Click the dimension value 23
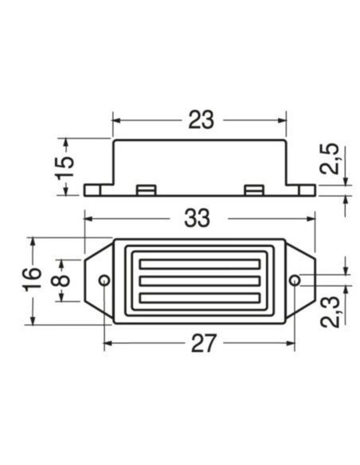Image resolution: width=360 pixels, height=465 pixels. click(202, 119)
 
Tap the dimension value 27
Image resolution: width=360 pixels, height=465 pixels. click(203, 343)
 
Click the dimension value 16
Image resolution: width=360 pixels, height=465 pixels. click(31, 279)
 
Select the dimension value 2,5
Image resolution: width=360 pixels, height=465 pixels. click(331, 158)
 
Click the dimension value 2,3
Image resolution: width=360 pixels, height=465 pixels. click(331, 307)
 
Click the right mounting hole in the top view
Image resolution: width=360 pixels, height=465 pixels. click(295, 280)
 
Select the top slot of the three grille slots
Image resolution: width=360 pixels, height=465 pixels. click(199, 264)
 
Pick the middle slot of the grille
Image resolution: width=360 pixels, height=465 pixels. click(199, 280)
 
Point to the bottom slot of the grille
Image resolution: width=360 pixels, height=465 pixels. click(199, 298)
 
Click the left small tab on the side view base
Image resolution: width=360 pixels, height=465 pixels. click(145, 190)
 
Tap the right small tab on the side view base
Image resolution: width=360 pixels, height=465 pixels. click(253, 190)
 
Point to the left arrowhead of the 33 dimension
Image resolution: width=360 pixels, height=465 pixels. click(88, 217)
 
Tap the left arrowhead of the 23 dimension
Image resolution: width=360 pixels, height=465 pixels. click(116, 120)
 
